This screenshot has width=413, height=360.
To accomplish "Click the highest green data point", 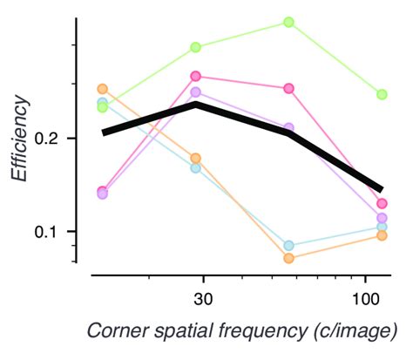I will click(x=288, y=22).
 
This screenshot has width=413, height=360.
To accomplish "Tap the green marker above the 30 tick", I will click(x=196, y=47).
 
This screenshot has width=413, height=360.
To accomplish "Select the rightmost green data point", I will click(x=382, y=94).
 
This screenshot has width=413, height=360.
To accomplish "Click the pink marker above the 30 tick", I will click(x=196, y=77).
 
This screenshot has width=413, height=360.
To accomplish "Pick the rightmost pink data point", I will click(x=382, y=203).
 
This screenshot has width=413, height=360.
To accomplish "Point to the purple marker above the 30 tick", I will click(x=196, y=92).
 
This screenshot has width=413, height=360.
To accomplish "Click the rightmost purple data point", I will click(x=382, y=218).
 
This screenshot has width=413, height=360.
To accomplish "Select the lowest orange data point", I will click(x=288, y=258).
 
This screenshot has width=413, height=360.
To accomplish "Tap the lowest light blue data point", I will click(x=288, y=246).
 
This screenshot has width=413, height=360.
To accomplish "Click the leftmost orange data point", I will click(x=103, y=89).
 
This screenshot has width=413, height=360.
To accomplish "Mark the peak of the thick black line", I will click(x=196, y=105).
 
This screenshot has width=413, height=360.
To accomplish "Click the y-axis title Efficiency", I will click(x=19, y=139).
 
